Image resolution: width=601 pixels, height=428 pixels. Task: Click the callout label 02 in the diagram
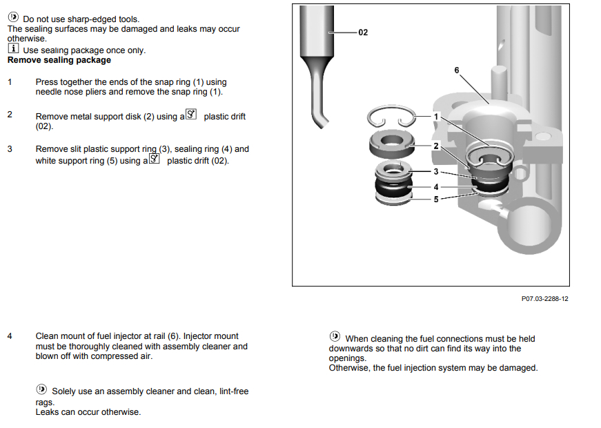click(363, 32)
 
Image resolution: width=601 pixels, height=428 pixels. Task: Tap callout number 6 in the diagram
click(456, 70)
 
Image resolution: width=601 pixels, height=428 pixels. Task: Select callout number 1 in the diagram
click(436, 117)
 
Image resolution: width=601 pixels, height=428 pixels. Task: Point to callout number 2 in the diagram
click(436, 146)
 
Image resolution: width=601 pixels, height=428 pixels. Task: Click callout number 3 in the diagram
click(436, 171)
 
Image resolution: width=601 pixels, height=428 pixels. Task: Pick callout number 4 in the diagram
click(436, 187)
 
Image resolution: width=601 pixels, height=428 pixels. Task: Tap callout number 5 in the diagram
click(436, 200)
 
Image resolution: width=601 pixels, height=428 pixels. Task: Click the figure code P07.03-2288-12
click(545, 299)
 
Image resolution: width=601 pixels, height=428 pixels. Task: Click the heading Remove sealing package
click(59, 60)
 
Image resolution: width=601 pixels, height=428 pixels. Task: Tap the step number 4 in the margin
click(10, 336)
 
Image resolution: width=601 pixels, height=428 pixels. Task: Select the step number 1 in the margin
click(10, 82)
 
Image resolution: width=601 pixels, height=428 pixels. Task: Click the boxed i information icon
click(13, 50)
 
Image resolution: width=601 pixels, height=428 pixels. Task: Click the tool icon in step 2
click(192, 115)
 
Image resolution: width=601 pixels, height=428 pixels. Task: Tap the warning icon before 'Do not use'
click(13, 17)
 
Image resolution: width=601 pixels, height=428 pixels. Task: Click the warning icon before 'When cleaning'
click(335, 337)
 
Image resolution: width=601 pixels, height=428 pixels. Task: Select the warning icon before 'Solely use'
click(41, 390)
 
